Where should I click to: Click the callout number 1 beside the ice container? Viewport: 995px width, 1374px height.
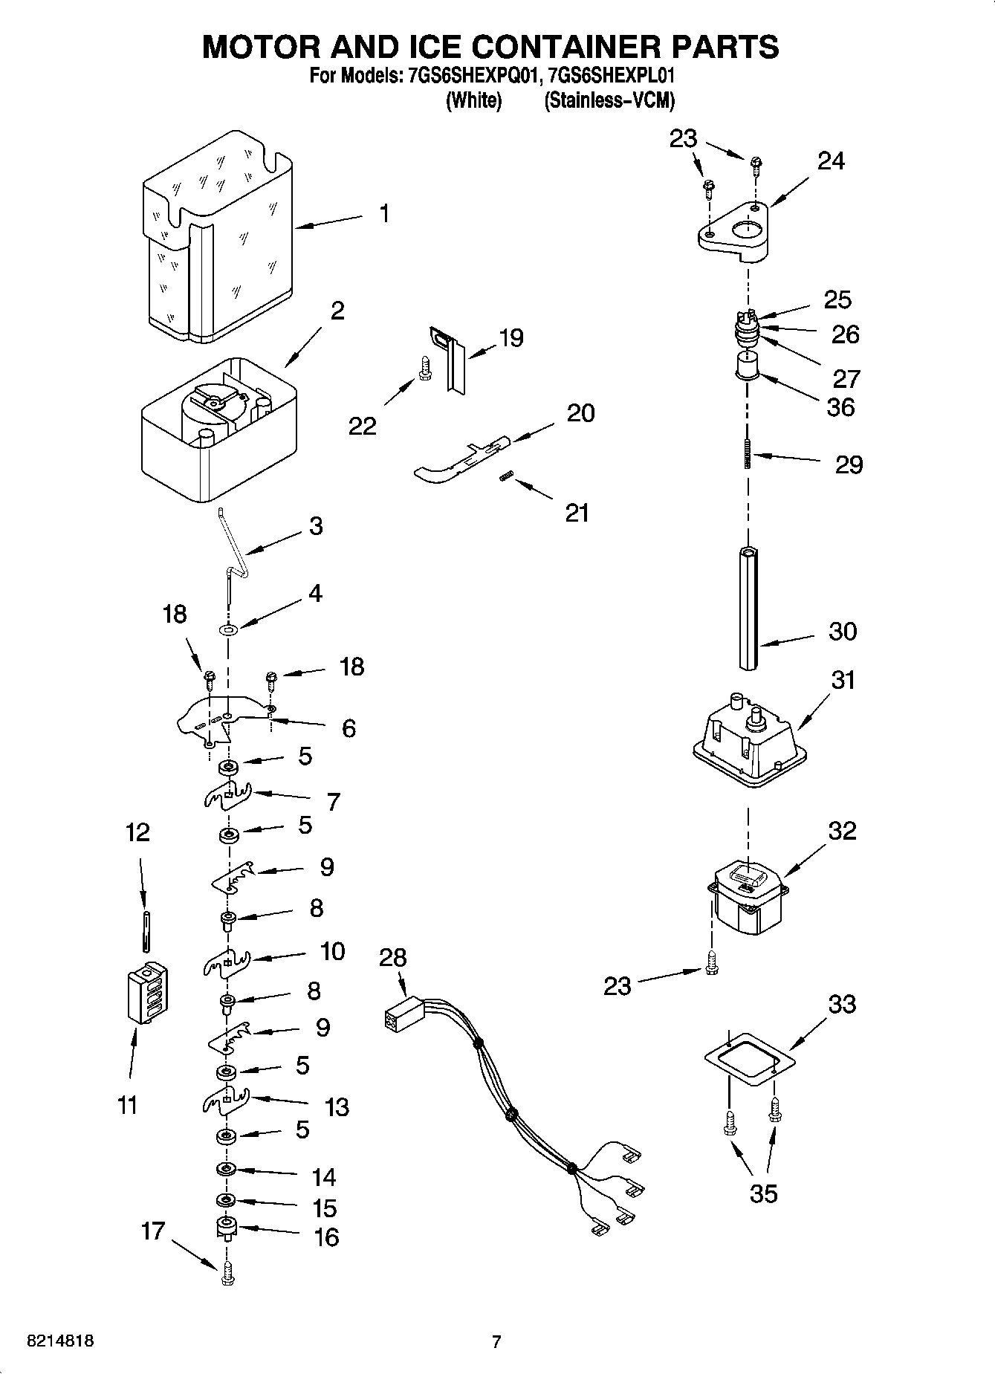point(383,214)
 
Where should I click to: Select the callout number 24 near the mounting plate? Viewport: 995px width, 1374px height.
point(831,161)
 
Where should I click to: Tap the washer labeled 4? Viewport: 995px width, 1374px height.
point(228,630)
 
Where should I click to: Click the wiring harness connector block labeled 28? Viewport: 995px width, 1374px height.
point(402,1020)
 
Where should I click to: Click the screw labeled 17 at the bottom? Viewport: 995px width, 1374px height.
point(227,1275)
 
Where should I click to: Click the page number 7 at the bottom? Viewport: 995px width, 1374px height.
point(496,1341)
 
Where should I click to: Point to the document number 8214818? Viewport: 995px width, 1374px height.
point(59,1341)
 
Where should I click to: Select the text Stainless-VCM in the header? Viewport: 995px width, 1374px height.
point(609,100)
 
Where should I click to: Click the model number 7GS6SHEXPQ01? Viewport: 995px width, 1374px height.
point(471,75)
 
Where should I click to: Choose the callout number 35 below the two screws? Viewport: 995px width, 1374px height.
point(763,1193)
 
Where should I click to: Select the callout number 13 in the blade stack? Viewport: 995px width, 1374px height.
point(337,1106)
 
